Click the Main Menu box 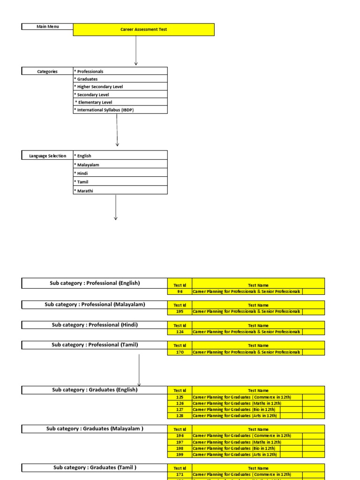[47, 27]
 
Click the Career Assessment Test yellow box [143, 30]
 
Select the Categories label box [47, 71]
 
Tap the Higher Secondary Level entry [120, 87]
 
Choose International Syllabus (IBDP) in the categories [120, 110]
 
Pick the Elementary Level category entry [120, 102]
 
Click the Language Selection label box [47, 156]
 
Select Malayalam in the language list [120, 165]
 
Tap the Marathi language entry [120, 191]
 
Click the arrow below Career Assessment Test [136, 51]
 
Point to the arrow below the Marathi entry [115, 207]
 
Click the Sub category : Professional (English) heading [95, 283]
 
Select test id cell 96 [180, 292]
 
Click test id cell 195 [180, 312]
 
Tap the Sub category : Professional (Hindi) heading [95, 325]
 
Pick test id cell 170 [180, 352]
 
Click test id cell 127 [180, 409]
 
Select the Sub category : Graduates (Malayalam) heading [95, 428]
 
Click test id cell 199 [180, 454]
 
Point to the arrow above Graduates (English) [139, 370]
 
